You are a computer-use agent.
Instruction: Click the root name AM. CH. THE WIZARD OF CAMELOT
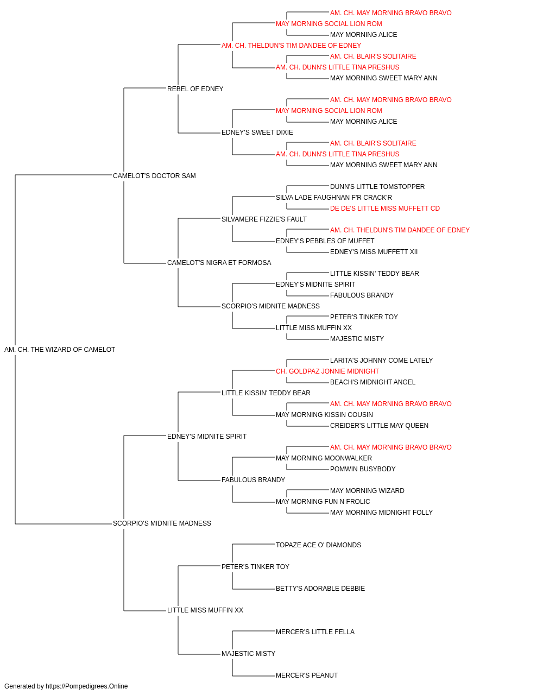point(60,350)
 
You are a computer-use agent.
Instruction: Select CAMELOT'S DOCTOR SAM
point(154,175)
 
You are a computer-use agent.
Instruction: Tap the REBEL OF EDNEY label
point(195,89)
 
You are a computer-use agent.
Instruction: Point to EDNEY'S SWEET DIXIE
point(257,132)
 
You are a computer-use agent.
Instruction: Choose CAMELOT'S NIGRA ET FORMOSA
point(219,263)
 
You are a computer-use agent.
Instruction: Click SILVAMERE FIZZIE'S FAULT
point(264,219)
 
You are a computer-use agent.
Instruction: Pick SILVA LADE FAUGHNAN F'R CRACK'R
point(334,197)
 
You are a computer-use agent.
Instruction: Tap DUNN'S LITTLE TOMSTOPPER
point(377,186)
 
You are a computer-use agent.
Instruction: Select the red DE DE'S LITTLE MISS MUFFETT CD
point(385,208)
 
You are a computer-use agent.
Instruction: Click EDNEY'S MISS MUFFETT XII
point(374,252)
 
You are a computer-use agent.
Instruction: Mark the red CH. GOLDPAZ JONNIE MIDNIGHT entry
point(327,371)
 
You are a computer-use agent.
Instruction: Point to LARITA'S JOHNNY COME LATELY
point(382,360)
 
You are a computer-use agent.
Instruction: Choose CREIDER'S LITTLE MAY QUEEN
point(379,425)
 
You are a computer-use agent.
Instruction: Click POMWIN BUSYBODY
point(363,469)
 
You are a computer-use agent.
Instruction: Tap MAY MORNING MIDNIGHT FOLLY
point(382,513)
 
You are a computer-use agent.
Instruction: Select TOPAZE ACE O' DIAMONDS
point(319,545)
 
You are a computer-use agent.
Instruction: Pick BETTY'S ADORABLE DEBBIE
point(320,589)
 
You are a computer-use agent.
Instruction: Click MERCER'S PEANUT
point(307,675)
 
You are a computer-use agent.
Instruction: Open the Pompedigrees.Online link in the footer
point(87,686)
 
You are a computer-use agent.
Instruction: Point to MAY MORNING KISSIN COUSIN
point(325,414)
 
